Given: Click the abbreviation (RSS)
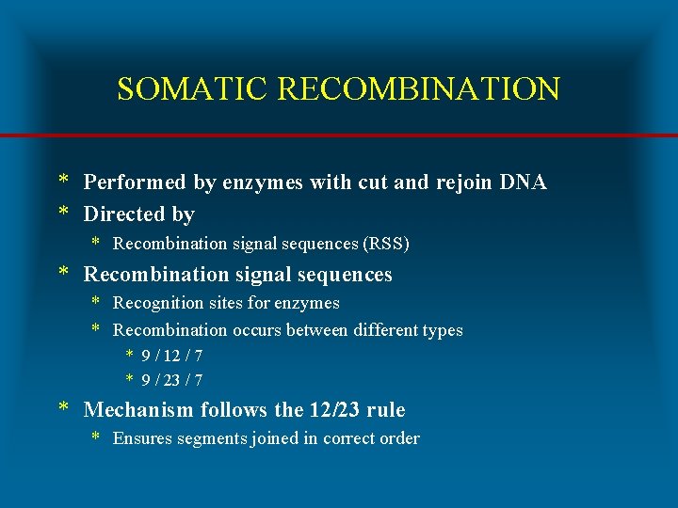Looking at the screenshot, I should pyautogui.click(x=386, y=244).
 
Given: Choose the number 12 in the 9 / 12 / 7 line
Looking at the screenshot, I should pyautogui.click(x=172, y=356).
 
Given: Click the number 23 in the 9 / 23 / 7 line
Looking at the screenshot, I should pyautogui.click(x=172, y=381).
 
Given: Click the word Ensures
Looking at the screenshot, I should pyautogui.click(x=141, y=438).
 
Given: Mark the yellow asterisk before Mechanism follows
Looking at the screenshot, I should pyautogui.click(x=64, y=408).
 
